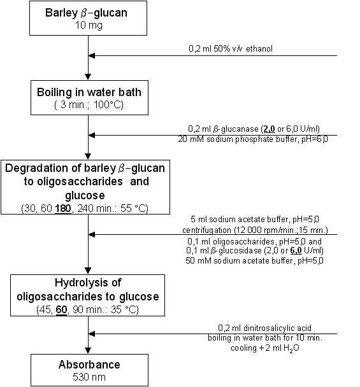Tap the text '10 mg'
coord(89,25)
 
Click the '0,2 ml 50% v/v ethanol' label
coord(231,48)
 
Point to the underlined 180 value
coord(63,209)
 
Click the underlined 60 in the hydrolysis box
coord(61,310)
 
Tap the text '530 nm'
coord(89,377)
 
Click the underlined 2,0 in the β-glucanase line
coord(269,129)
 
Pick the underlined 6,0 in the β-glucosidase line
coord(296,251)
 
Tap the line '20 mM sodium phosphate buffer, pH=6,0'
coord(253,139)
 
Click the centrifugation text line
coord(256,230)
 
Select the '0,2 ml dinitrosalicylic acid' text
coord(264,328)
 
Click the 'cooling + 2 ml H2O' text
coord(265,348)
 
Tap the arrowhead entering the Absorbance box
coord(88,351)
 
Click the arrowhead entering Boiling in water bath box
coord(88,77)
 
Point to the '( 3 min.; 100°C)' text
coord(89,105)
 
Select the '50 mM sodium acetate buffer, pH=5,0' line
coord(254,260)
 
